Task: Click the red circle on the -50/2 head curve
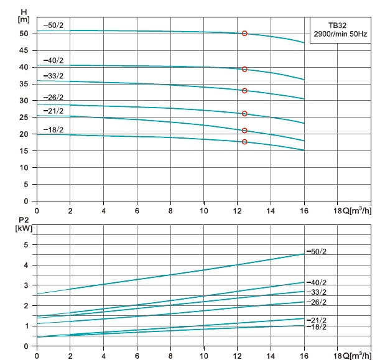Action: pos(244,34)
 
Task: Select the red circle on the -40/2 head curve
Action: pos(244,69)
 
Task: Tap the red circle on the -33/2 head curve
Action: pos(244,91)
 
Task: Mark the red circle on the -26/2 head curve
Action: pos(244,114)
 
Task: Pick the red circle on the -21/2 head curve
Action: pos(244,131)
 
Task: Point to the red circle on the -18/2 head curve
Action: pos(244,142)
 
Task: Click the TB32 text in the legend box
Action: pos(339,25)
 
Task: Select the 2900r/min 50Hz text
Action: pos(340,34)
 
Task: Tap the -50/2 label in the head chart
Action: pos(54,25)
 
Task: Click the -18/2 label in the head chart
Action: pos(53,129)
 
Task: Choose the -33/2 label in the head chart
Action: pos(54,76)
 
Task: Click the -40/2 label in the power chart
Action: pos(317,282)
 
